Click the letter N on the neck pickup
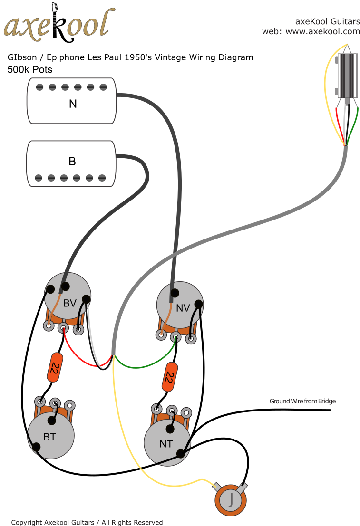(73, 103)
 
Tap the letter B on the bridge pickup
(72, 161)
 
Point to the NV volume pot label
(183, 308)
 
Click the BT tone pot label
(49, 437)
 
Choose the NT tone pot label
(166, 444)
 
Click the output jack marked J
(231, 500)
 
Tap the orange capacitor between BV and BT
(55, 367)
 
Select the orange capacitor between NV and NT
(169, 377)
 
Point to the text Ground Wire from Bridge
(302, 401)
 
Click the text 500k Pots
(29, 69)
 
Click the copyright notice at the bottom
(87, 522)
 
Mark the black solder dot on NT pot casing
(181, 454)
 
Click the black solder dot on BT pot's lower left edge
(36, 446)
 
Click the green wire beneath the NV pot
(143, 366)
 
